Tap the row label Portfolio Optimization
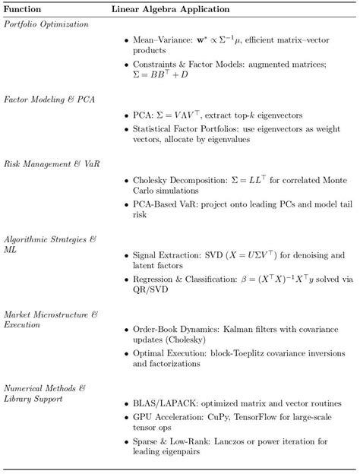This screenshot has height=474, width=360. click(46, 24)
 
